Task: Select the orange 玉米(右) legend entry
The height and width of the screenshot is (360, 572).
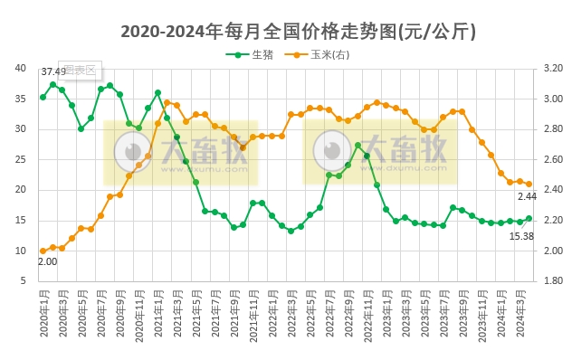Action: [321, 55]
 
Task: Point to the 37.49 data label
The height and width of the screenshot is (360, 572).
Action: [53, 71]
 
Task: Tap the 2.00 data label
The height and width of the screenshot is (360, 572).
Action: [47, 261]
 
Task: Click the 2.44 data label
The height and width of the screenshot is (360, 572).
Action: [528, 196]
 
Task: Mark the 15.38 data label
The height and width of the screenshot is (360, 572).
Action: [520, 235]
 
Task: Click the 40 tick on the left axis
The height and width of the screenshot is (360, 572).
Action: [20, 68]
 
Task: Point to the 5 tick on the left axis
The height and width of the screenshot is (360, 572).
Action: [23, 281]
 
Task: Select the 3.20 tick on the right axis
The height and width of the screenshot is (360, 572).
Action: [553, 68]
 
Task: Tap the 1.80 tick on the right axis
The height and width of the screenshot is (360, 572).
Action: [553, 281]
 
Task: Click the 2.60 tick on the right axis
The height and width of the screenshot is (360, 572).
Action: [553, 159]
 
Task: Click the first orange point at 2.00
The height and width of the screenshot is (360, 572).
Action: [43, 251]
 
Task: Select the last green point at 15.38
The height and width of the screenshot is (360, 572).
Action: [529, 218]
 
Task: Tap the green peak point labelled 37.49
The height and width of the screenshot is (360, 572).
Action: [53, 84]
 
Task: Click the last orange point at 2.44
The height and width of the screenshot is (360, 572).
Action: [529, 184]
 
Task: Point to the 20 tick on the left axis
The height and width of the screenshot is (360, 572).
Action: [20, 190]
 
